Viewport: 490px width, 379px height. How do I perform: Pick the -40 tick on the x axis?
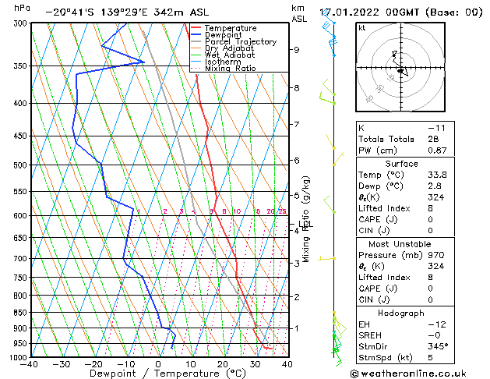point(31,364)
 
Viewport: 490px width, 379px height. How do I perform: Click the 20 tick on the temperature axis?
point(223,364)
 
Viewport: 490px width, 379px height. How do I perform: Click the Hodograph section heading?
point(402,313)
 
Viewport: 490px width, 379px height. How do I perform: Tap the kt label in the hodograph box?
point(361,28)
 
